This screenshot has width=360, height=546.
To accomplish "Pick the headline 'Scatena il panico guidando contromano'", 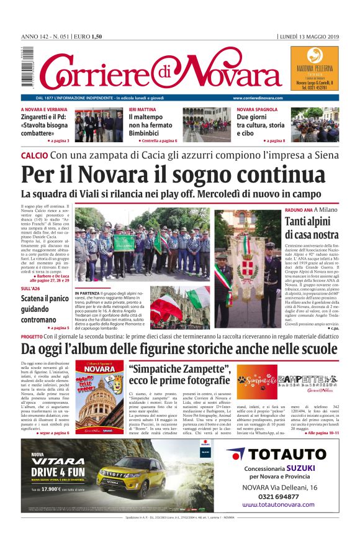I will pos(42,309).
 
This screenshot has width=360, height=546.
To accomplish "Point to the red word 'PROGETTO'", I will pos(31,336).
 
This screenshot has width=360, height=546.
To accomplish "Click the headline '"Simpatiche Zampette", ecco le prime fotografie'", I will pos(179,374).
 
